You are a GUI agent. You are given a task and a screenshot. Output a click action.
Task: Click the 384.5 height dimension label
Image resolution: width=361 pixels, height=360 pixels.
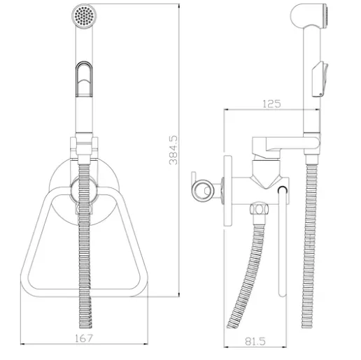coord(173,150)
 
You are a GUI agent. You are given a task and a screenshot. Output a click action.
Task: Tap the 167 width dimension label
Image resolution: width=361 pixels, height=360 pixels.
coord(84,338)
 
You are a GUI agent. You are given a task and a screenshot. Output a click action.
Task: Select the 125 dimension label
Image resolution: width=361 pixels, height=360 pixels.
coord(272,104)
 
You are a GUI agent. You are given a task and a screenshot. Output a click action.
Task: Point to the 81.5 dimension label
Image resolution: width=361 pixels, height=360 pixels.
coord(255,341)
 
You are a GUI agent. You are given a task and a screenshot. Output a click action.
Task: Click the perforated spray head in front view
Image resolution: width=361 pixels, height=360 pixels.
coord(84,16)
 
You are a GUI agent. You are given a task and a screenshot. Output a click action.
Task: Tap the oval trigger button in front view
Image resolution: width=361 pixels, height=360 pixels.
coord(84,79)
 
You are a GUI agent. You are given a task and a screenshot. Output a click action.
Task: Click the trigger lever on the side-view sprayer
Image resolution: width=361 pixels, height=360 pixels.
coord(320,79)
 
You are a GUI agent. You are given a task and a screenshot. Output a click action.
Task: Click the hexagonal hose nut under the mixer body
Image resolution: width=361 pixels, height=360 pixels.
coord(259,209)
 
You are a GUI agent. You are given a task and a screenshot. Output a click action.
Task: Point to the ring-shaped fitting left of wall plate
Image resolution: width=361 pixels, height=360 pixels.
coord(203,191)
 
